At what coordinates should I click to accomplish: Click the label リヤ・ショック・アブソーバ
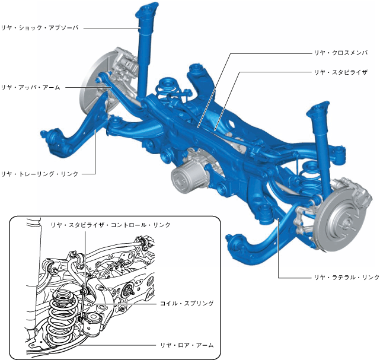pyautogui.click(x=40, y=28)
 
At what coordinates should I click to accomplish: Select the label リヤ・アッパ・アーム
pyautogui.click(x=31, y=87)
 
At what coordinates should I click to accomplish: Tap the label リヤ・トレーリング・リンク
pyautogui.click(x=40, y=174)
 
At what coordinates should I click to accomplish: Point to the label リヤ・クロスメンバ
pyautogui.click(x=341, y=53)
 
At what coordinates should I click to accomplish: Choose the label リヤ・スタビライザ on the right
pyautogui.click(x=341, y=72)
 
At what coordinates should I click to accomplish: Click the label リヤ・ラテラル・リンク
pyautogui.click(x=347, y=277)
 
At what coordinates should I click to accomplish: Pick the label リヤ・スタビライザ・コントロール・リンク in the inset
pyautogui.click(x=110, y=225)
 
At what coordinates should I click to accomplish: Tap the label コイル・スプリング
pyautogui.click(x=187, y=303)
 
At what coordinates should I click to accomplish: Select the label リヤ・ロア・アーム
pyautogui.click(x=187, y=345)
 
